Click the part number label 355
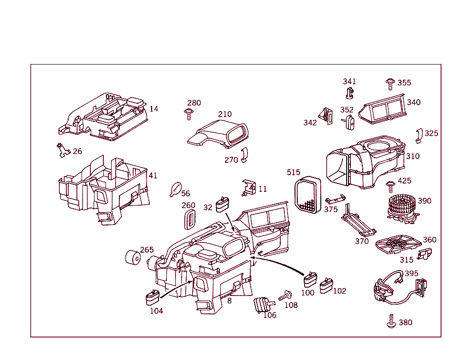pyautogui.click(x=404, y=83)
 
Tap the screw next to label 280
pyautogui.click(x=188, y=113)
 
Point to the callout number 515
pyautogui.click(x=293, y=172)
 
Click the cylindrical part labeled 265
pyautogui.click(x=133, y=258)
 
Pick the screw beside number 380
pyautogui.click(x=391, y=322)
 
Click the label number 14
pyautogui.click(x=154, y=109)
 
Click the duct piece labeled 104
pyautogui.click(x=152, y=297)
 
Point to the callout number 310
pyautogui.click(x=413, y=156)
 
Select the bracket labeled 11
pyautogui.click(x=248, y=188)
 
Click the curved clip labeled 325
pyautogui.click(x=419, y=136)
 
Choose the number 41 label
pyautogui.click(x=153, y=176)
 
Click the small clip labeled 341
pyautogui.click(x=349, y=93)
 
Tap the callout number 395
pyautogui.click(x=411, y=274)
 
